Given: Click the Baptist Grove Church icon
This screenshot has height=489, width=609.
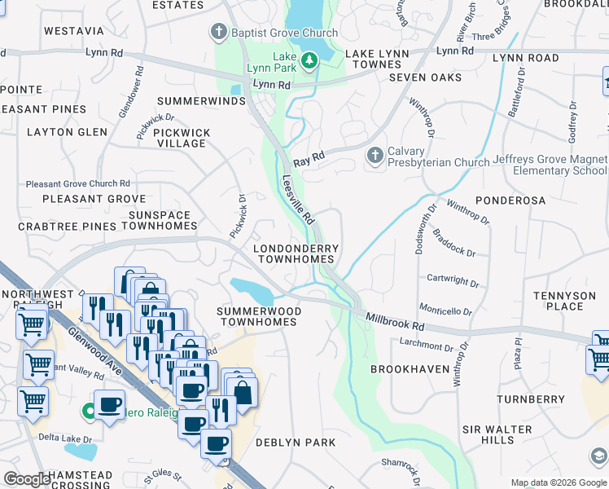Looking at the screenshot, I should (x=218, y=33).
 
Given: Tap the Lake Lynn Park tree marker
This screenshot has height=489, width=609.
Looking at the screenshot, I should (x=309, y=60).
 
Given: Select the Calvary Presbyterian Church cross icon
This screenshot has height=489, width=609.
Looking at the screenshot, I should (x=375, y=154).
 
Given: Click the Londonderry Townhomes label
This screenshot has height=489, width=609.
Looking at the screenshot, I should (x=296, y=253).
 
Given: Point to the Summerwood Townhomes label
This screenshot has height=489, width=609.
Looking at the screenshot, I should (x=259, y=316).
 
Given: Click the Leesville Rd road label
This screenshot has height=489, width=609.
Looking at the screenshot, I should (x=299, y=200).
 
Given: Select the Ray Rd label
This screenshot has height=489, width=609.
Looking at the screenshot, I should (x=309, y=158).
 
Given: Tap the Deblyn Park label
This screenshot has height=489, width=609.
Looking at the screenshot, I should (x=295, y=443).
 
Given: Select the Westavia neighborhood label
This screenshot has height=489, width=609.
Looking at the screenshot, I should (x=74, y=31).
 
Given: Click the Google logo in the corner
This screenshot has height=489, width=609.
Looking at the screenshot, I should (x=27, y=478).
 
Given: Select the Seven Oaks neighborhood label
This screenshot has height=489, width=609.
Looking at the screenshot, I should (x=425, y=77).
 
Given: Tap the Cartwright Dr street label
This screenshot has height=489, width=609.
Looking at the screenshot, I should (x=453, y=280).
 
